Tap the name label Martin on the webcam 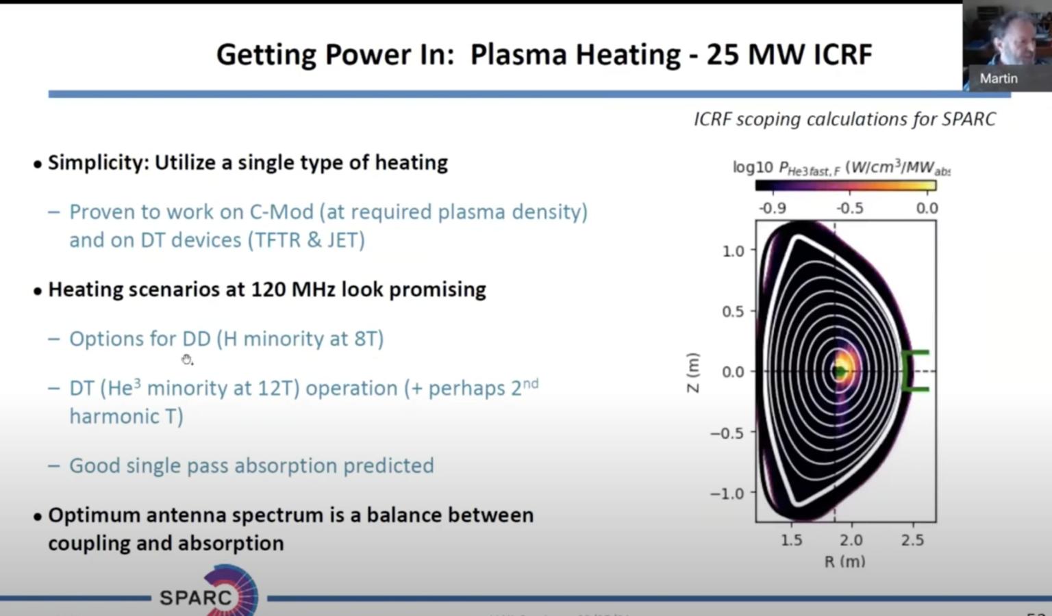click(998, 79)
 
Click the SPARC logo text click(196, 598)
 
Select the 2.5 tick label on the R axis click(912, 540)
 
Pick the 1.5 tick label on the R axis click(791, 540)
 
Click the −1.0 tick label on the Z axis click(727, 493)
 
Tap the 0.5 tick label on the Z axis click(732, 311)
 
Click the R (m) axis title click(844, 562)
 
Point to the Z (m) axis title click(693, 372)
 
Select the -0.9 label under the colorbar click(772, 208)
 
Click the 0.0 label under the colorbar click(927, 208)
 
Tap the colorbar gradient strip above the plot click(845, 185)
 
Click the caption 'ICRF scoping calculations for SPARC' click(844, 119)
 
